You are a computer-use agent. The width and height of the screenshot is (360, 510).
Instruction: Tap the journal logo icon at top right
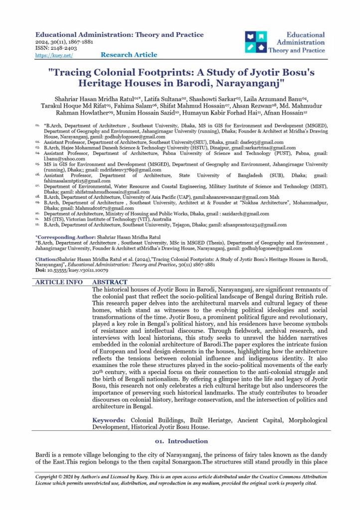[255, 43]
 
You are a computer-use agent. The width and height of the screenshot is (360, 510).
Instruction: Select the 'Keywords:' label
[110, 420]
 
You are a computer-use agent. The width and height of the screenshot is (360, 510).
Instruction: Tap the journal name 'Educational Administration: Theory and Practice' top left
[120, 34]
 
